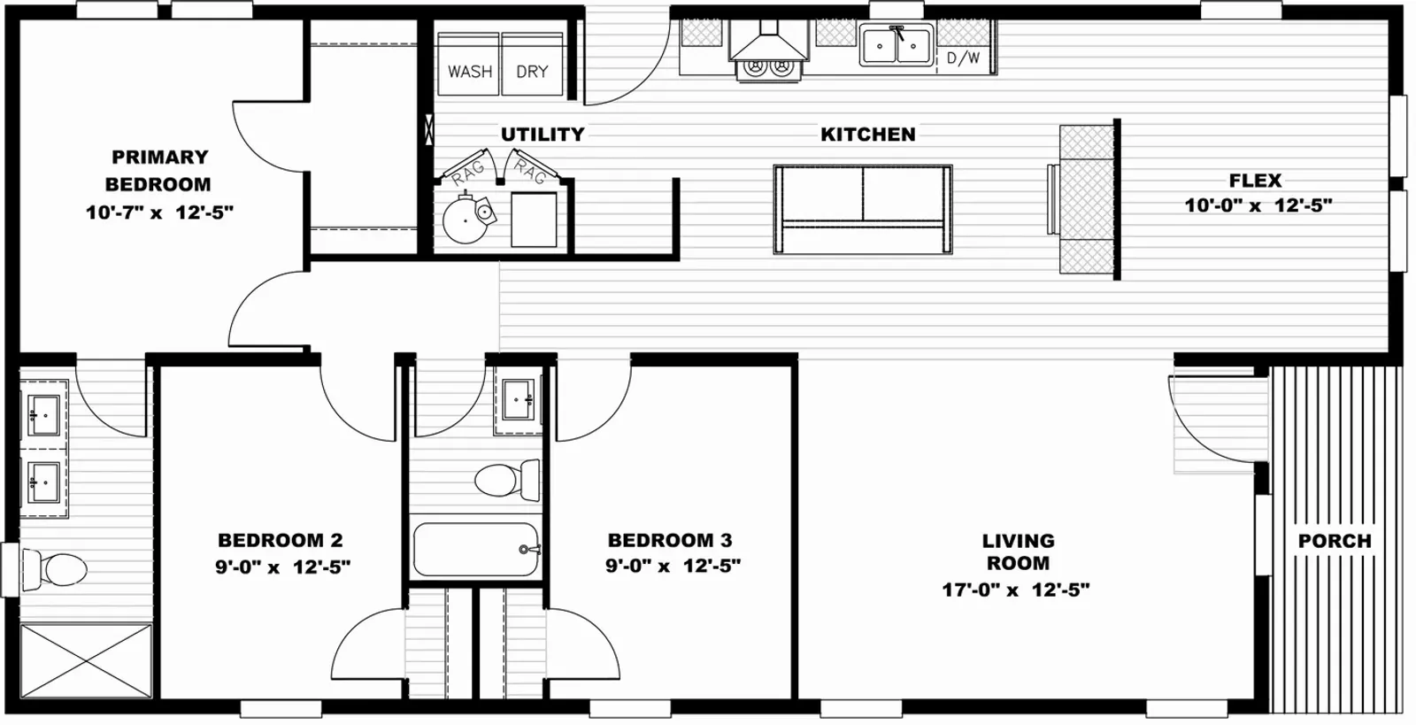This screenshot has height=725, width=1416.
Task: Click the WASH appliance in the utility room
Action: click(469, 65)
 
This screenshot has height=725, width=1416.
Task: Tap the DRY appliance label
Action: click(532, 72)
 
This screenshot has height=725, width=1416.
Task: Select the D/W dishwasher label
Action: click(964, 58)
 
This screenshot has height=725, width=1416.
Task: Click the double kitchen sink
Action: click(897, 45)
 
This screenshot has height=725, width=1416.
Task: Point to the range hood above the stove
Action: click(769, 41)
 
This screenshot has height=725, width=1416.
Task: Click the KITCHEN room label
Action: click(868, 135)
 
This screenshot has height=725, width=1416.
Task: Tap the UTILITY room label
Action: click(543, 135)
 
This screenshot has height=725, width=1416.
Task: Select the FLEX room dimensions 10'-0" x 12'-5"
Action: click(1258, 205)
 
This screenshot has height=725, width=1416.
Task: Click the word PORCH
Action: click(1335, 541)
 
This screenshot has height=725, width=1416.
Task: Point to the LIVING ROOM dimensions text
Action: click(1017, 590)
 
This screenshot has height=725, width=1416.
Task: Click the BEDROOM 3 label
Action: click(670, 541)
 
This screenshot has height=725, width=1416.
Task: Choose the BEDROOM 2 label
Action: click(280, 541)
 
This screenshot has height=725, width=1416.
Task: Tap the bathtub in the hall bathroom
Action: click(476, 549)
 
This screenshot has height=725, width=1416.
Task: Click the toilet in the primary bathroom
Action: click(54, 569)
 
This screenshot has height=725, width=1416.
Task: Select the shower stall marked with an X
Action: click(86, 661)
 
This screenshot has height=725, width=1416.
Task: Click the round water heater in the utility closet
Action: click(466, 220)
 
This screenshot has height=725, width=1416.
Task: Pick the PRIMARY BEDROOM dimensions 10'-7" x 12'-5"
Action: click(160, 212)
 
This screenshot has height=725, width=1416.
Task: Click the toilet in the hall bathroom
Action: click(507, 481)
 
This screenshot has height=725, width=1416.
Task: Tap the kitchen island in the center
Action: click(863, 210)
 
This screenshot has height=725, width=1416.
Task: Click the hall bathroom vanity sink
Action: click(519, 399)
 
